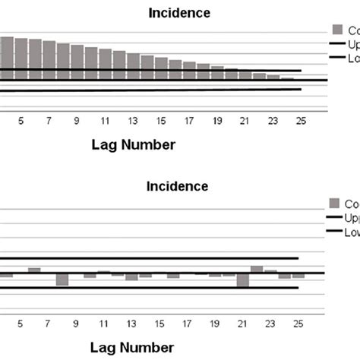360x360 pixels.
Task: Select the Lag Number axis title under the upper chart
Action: [140, 144]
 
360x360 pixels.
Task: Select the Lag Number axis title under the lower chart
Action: [140, 348]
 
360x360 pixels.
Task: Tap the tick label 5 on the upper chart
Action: [21, 121]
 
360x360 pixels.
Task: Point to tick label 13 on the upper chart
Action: [133, 121]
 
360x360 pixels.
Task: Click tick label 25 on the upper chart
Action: [300, 121]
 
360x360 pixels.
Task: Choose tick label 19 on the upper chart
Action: [216, 121]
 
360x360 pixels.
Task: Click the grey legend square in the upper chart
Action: [337, 30]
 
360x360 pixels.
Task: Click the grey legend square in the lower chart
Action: [335, 203]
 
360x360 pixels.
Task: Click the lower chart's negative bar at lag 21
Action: [243, 280]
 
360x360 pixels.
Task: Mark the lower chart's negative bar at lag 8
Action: [62, 279]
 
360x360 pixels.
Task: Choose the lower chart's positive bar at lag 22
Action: [257, 269]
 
